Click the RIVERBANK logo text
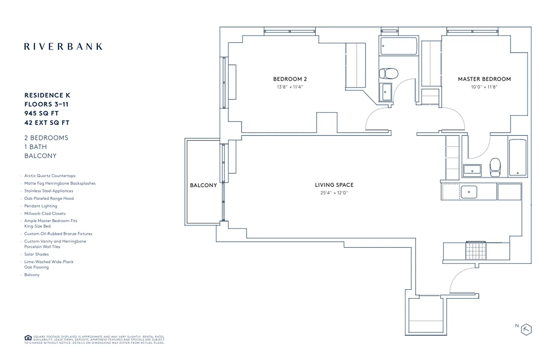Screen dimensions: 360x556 (x=63, y=46)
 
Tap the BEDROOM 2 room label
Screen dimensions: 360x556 (x=290, y=79)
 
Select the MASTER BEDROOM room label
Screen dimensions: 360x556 (x=484, y=79)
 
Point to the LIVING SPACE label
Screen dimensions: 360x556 (x=334, y=185)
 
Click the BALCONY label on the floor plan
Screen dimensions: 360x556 (x=203, y=185)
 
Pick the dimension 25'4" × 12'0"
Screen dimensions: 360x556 (x=334, y=193)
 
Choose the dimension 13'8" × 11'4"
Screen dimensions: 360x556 (x=290, y=87)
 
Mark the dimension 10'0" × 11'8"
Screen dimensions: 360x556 (x=484, y=87)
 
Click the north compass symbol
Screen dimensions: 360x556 (x=526, y=329)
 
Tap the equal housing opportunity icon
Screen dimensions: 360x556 (x=27, y=337)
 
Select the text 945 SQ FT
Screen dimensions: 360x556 (x=41, y=113)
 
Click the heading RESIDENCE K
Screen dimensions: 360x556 (x=47, y=95)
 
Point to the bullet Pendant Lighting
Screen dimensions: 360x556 (x=40, y=206)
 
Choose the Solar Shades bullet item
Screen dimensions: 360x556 (x=36, y=254)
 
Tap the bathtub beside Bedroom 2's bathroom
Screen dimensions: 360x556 (x=399, y=46)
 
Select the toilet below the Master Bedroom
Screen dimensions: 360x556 (x=494, y=167)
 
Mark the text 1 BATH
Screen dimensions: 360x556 (x=36, y=147)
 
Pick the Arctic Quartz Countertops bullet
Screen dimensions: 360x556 (x=50, y=176)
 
